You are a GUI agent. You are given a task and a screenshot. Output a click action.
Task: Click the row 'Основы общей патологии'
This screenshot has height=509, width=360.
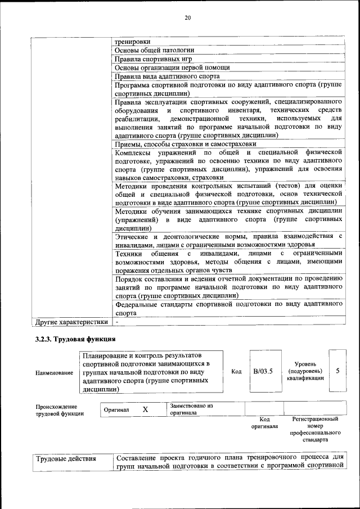pyautogui.click(x=154, y=50)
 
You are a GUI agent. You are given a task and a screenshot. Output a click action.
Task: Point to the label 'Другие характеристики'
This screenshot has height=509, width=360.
pyautogui.click(x=71, y=322)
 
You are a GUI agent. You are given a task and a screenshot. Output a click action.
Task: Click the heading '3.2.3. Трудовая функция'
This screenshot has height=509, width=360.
pyautogui.click(x=75, y=339)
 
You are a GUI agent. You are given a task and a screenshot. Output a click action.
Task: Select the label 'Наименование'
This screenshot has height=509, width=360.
pyautogui.click(x=54, y=372)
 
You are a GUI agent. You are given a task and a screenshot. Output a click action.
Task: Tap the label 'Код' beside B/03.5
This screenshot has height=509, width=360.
pyautogui.click(x=237, y=372)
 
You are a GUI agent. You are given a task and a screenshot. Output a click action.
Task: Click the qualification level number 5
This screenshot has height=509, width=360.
pyautogui.click(x=337, y=371)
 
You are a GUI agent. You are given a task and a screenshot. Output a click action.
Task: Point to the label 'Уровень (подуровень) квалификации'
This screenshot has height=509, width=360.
pyautogui.click(x=305, y=371)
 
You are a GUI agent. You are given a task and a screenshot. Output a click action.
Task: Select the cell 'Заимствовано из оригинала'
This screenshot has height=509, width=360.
pyautogui.click(x=191, y=409)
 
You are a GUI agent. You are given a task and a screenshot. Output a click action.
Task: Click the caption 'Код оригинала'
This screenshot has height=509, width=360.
pyautogui.click(x=265, y=422)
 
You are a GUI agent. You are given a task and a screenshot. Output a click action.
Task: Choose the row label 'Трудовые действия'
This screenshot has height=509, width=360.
pyautogui.click(x=66, y=459)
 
